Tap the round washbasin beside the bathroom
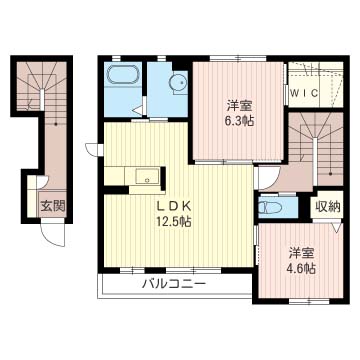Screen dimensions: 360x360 tap(178, 81)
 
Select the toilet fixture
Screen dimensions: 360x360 tap(271, 208)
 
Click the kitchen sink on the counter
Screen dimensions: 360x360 tap(148, 176)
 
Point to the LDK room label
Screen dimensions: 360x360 tap(173, 207)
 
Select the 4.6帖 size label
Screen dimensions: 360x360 tap(302, 269)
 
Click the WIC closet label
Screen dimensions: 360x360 tap(304, 94)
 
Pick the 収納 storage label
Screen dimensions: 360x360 tap(328, 207)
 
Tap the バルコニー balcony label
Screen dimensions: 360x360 tap(174, 284)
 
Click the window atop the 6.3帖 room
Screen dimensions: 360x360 tap(238, 59)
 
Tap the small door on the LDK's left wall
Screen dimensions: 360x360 tap(93, 149)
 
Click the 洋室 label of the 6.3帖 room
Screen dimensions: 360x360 tap(240, 106)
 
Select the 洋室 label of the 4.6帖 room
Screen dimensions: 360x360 tap(302, 254)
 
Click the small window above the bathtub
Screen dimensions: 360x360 tap(116, 58)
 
